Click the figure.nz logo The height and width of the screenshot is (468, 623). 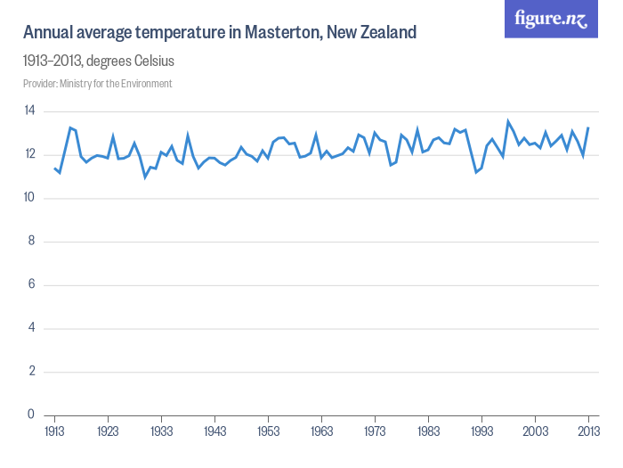[x=551, y=19]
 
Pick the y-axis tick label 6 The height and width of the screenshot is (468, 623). [x=30, y=284]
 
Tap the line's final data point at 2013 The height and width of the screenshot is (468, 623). [x=588, y=127]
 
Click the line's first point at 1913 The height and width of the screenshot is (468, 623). [x=54, y=168]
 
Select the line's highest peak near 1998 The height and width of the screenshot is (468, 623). [x=508, y=121]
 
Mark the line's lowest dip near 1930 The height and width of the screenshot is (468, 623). [x=145, y=177]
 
